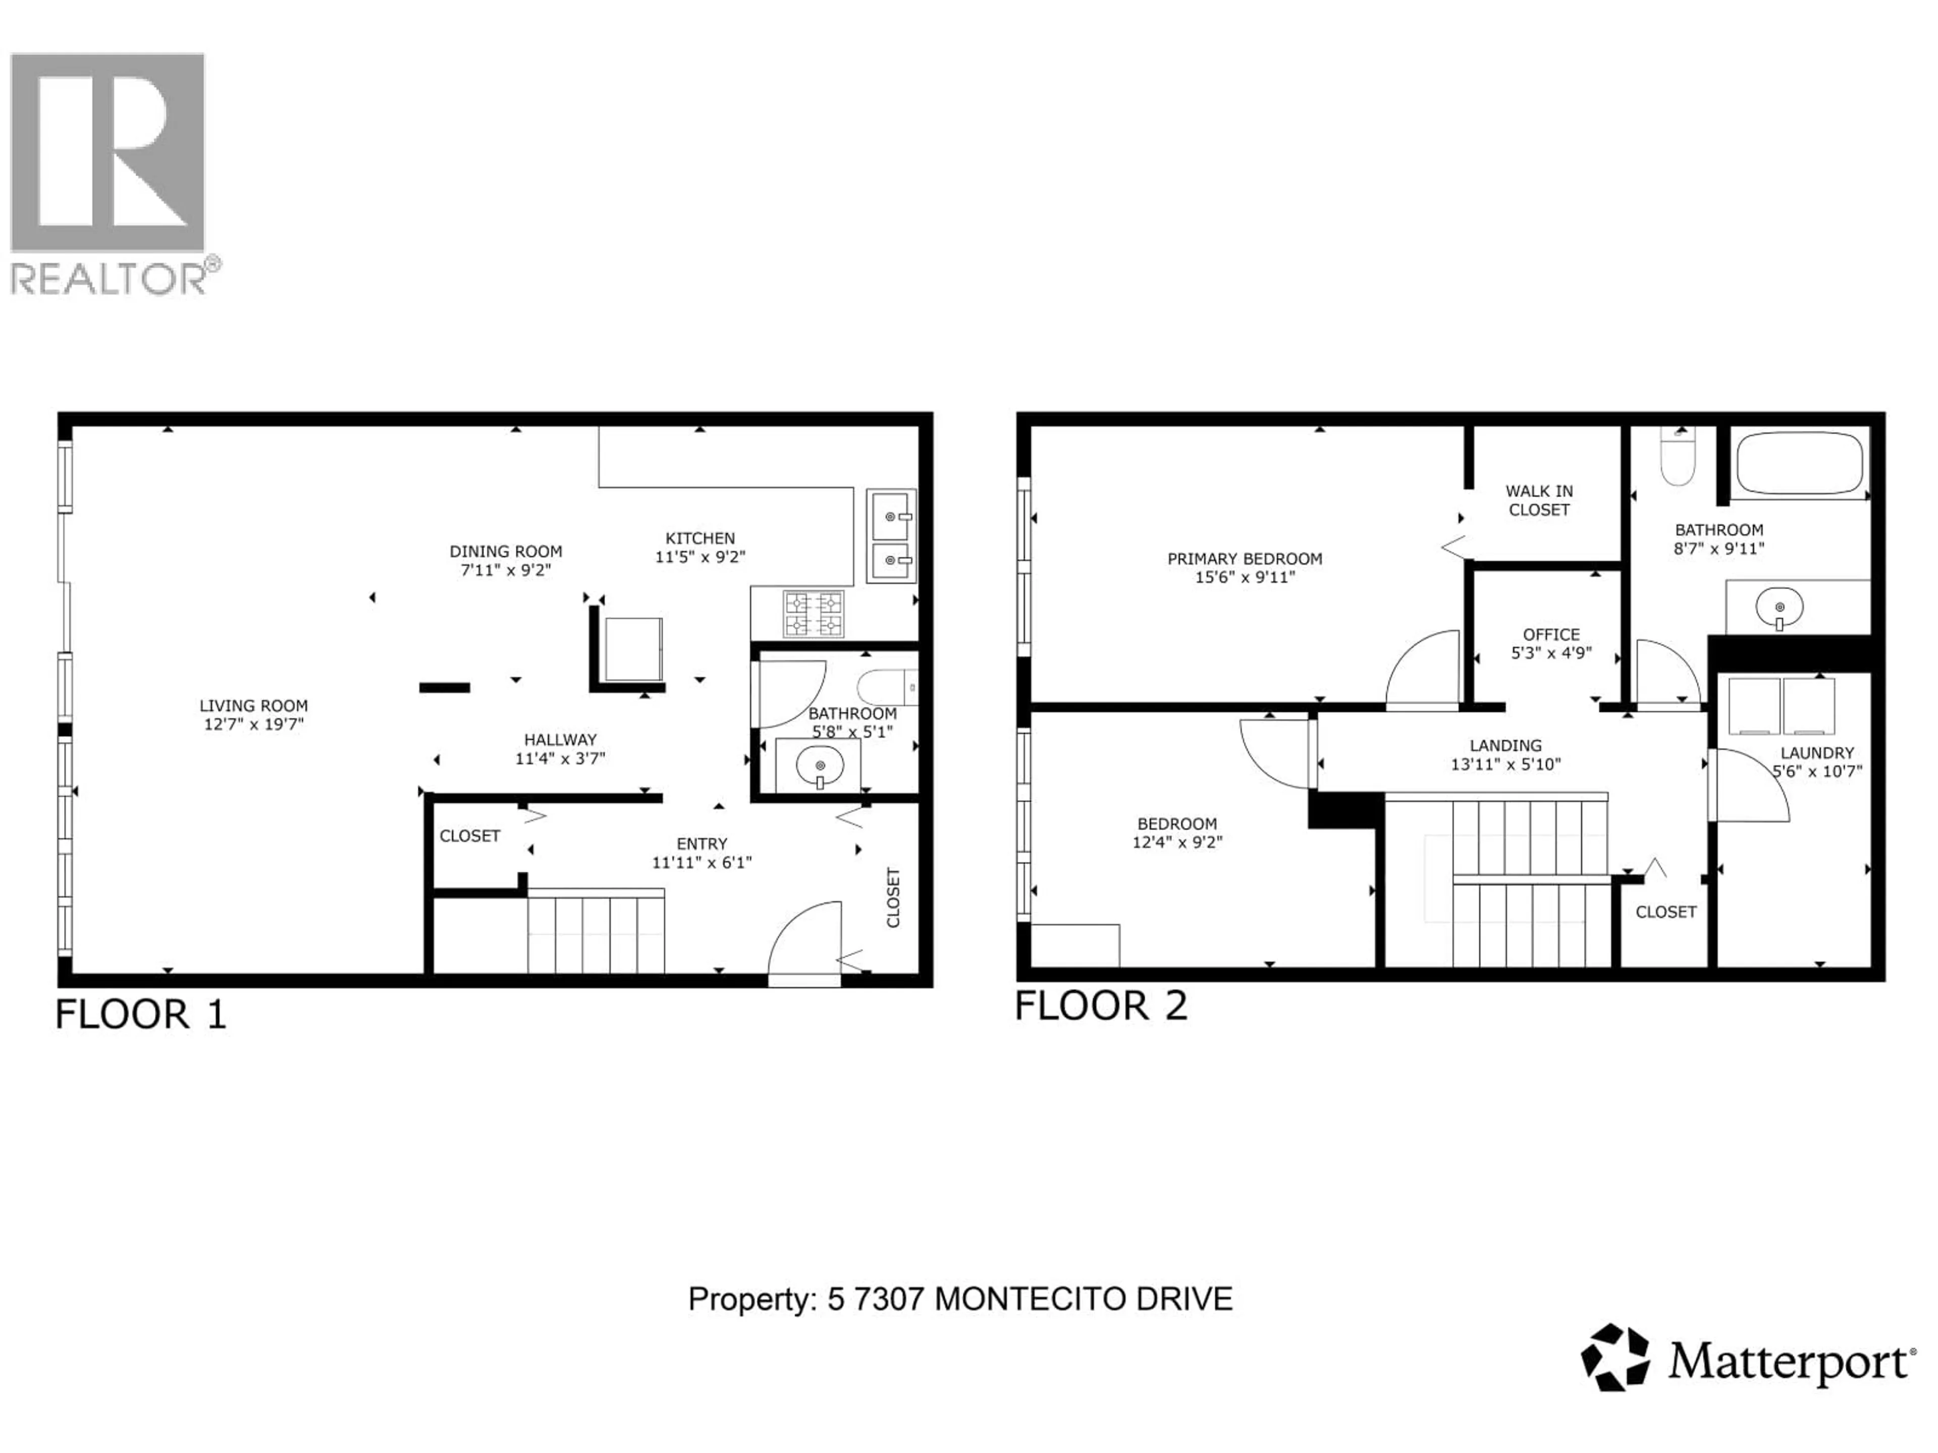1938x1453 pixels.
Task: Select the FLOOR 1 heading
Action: (141, 1014)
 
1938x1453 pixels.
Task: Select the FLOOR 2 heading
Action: (1100, 1005)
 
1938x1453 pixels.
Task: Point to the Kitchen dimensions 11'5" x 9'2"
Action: (700, 556)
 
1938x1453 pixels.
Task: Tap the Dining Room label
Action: (506, 551)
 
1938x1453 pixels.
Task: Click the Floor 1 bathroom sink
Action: (819, 766)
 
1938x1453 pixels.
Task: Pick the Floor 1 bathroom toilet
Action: (887, 688)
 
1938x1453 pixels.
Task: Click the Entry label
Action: (702, 844)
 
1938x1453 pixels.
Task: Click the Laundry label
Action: (1817, 752)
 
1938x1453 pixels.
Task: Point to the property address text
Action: (960, 1298)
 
